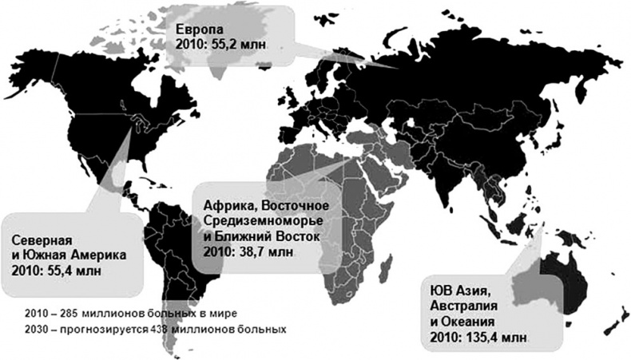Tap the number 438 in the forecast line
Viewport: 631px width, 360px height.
150,327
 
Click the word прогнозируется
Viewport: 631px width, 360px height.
94,327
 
